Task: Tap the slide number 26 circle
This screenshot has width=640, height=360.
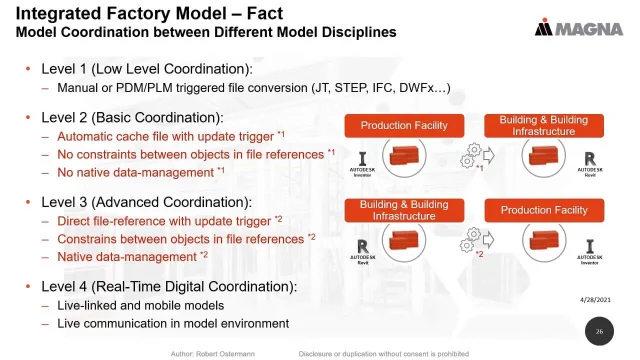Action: click(598, 331)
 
